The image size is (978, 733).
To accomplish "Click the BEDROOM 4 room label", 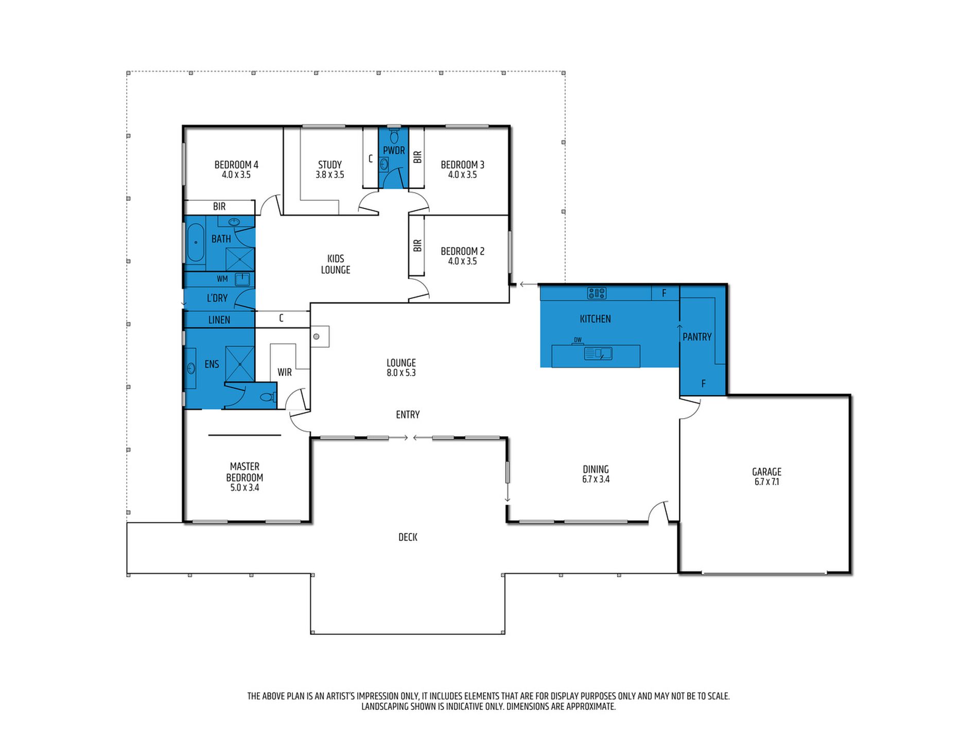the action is (236, 165).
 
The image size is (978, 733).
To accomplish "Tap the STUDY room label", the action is (330, 165).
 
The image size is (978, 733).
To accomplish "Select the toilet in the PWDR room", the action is (394, 136).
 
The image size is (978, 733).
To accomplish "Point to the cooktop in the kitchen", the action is (597, 293).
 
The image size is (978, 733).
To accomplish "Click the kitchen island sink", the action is (598, 353).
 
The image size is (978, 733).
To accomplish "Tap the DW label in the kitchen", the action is (578, 340).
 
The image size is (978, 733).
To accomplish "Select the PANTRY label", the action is (697, 337).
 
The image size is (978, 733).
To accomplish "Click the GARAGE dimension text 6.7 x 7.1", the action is (767, 482).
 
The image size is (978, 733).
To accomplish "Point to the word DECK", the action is (408, 537).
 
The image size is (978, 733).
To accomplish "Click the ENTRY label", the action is (408, 415).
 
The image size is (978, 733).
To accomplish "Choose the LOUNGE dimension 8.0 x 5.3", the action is (401, 373).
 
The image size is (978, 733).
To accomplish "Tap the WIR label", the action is (285, 372).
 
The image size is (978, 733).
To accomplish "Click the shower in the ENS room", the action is (240, 364).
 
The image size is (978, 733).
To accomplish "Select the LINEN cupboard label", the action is (219, 320).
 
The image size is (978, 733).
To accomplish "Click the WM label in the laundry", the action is (222, 279).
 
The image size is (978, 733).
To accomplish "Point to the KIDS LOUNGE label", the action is (336, 264).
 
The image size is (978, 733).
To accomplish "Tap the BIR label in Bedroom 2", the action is (417, 245).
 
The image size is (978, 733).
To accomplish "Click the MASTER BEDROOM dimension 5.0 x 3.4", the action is (244, 488).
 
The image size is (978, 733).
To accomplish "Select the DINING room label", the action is (596, 469).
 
